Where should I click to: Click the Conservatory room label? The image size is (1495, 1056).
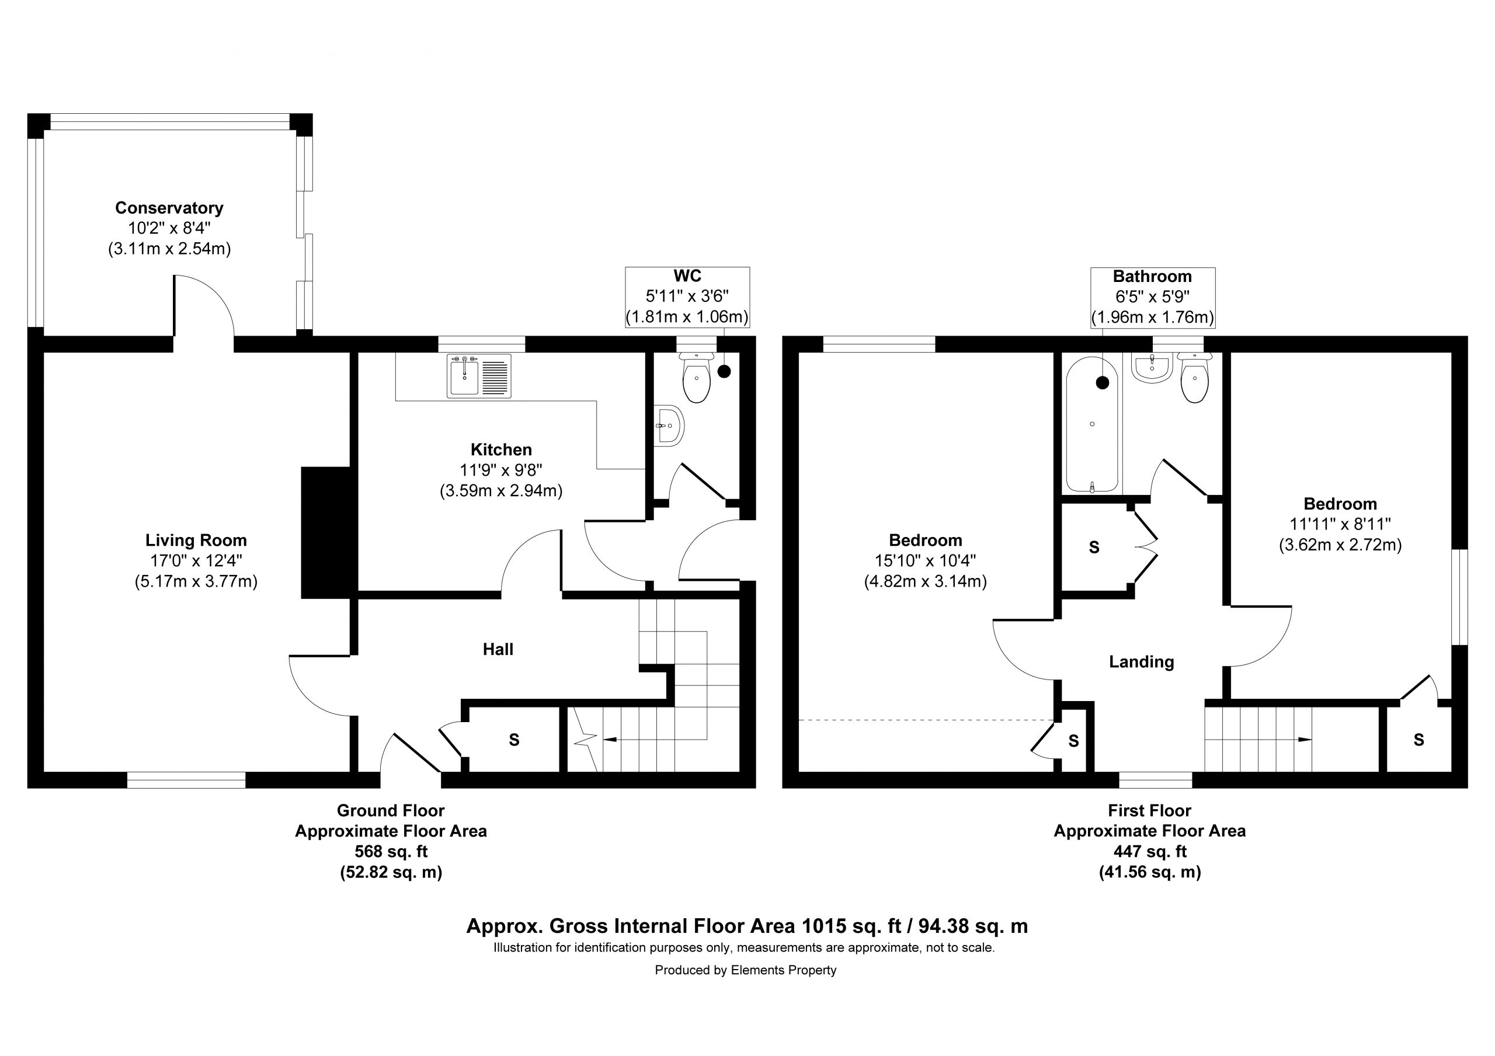coord(169,208)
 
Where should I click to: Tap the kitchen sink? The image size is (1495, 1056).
coord(479,377)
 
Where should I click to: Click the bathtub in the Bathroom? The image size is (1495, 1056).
coord(1093,424)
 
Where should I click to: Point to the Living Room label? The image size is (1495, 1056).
coord(196,541)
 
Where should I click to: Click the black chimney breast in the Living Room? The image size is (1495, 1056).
coord(328,532)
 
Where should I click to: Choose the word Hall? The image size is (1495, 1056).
coord(498,649)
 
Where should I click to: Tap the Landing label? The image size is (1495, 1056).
coord(1142,662)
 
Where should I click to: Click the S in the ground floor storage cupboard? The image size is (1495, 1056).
coord(514,740)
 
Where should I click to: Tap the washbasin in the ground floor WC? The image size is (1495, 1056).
coord(669,426)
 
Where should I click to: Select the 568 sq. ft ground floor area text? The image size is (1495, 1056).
coord(391,852)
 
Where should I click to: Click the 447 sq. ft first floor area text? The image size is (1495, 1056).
coord(1150,852)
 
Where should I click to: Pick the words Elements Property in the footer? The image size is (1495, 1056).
coord(783,970)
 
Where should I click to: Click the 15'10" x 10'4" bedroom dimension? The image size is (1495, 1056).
coord(925,560)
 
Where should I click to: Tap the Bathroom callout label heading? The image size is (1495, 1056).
coord(1153,276)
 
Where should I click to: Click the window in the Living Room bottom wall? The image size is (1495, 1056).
coord(186,780)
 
